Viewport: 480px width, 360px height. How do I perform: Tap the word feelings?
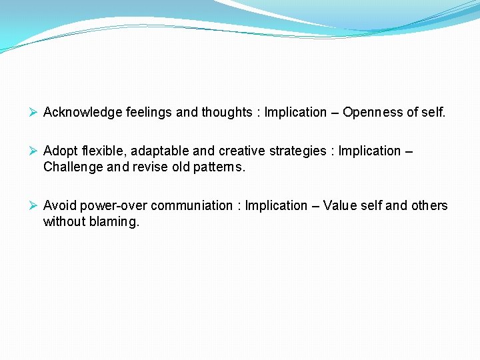pos(149,113)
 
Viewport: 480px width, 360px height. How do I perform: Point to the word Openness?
pos(371,113)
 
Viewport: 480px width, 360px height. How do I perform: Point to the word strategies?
pos(295,151)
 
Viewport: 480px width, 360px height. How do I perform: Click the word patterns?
pos(219,167)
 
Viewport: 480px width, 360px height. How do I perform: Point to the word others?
pos(430,206)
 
